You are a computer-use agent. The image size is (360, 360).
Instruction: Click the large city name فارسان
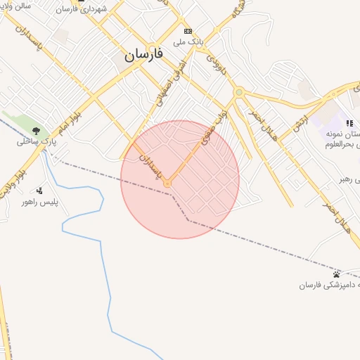click(143, 54)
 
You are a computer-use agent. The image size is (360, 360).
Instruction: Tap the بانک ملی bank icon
click(188, 32)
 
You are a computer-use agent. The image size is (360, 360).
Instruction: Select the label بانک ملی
click(188, 41)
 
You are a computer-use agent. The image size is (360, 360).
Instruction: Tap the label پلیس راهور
click(57, 201)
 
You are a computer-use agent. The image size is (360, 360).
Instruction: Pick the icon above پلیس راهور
click(39, 190)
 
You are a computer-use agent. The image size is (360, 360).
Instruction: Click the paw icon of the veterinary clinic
click(337, 274)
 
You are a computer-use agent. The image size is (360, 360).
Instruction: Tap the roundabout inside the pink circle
click(167, 184)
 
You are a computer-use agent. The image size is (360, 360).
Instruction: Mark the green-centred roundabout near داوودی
click(239, 92)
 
